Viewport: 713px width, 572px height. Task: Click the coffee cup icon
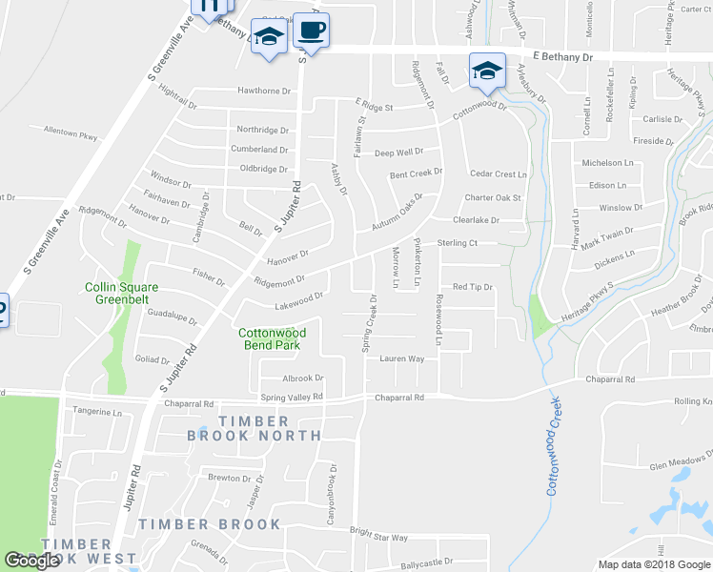click(311, 30)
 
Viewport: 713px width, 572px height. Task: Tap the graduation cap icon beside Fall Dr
click(486, 69)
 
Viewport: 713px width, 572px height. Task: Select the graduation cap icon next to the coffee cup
click(270, 37)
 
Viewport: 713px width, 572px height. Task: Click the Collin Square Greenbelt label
click(121, 293)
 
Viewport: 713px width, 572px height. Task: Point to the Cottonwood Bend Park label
click(271, 338)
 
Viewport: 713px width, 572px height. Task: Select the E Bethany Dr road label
click(562, 57)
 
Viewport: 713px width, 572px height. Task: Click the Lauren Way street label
click(401, 359)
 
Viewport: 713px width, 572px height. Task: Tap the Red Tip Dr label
click(472, 287)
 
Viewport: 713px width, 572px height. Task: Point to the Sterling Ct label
click(457, 244)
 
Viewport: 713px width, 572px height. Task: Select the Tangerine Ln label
click(98, 413)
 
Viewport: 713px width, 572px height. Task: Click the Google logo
click(32, 561)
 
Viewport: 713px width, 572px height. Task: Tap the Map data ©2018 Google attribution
click(654, 564)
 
